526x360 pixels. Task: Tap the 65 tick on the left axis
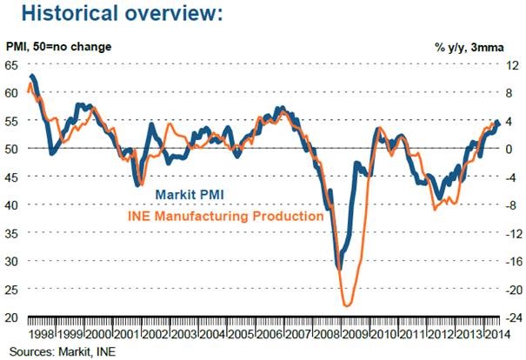click(x=10, y=65)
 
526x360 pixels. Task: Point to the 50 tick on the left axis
click(x=10, y=149)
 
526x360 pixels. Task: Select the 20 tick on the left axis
click(x=10, y=317)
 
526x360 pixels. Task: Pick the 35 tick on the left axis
click(x=10, y=232)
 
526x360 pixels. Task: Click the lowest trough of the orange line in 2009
click(x=349, y=305)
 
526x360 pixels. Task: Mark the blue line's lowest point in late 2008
click(x=338, y=268)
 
